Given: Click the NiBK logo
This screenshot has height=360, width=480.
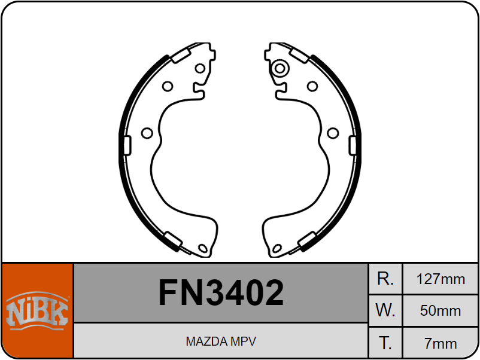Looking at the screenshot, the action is click(x=37, y=311).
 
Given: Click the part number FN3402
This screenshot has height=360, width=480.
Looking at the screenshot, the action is click(x=221, y=292).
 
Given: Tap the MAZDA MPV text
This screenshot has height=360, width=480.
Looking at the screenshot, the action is click(x=221, y=341).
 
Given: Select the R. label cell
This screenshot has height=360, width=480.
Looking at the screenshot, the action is click(x=385, y=279).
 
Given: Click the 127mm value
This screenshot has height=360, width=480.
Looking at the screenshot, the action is click(x=440, y=279).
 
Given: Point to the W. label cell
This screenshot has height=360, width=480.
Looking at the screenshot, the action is click(x=385, y=310).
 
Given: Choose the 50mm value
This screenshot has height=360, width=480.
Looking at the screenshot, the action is click(x=440, y=311).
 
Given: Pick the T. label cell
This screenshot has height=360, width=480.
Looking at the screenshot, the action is click(x=385, y=343).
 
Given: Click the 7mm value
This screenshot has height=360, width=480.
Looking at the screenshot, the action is click(x=440, y=343).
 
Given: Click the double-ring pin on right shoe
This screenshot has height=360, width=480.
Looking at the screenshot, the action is click(x=280, y=68).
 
